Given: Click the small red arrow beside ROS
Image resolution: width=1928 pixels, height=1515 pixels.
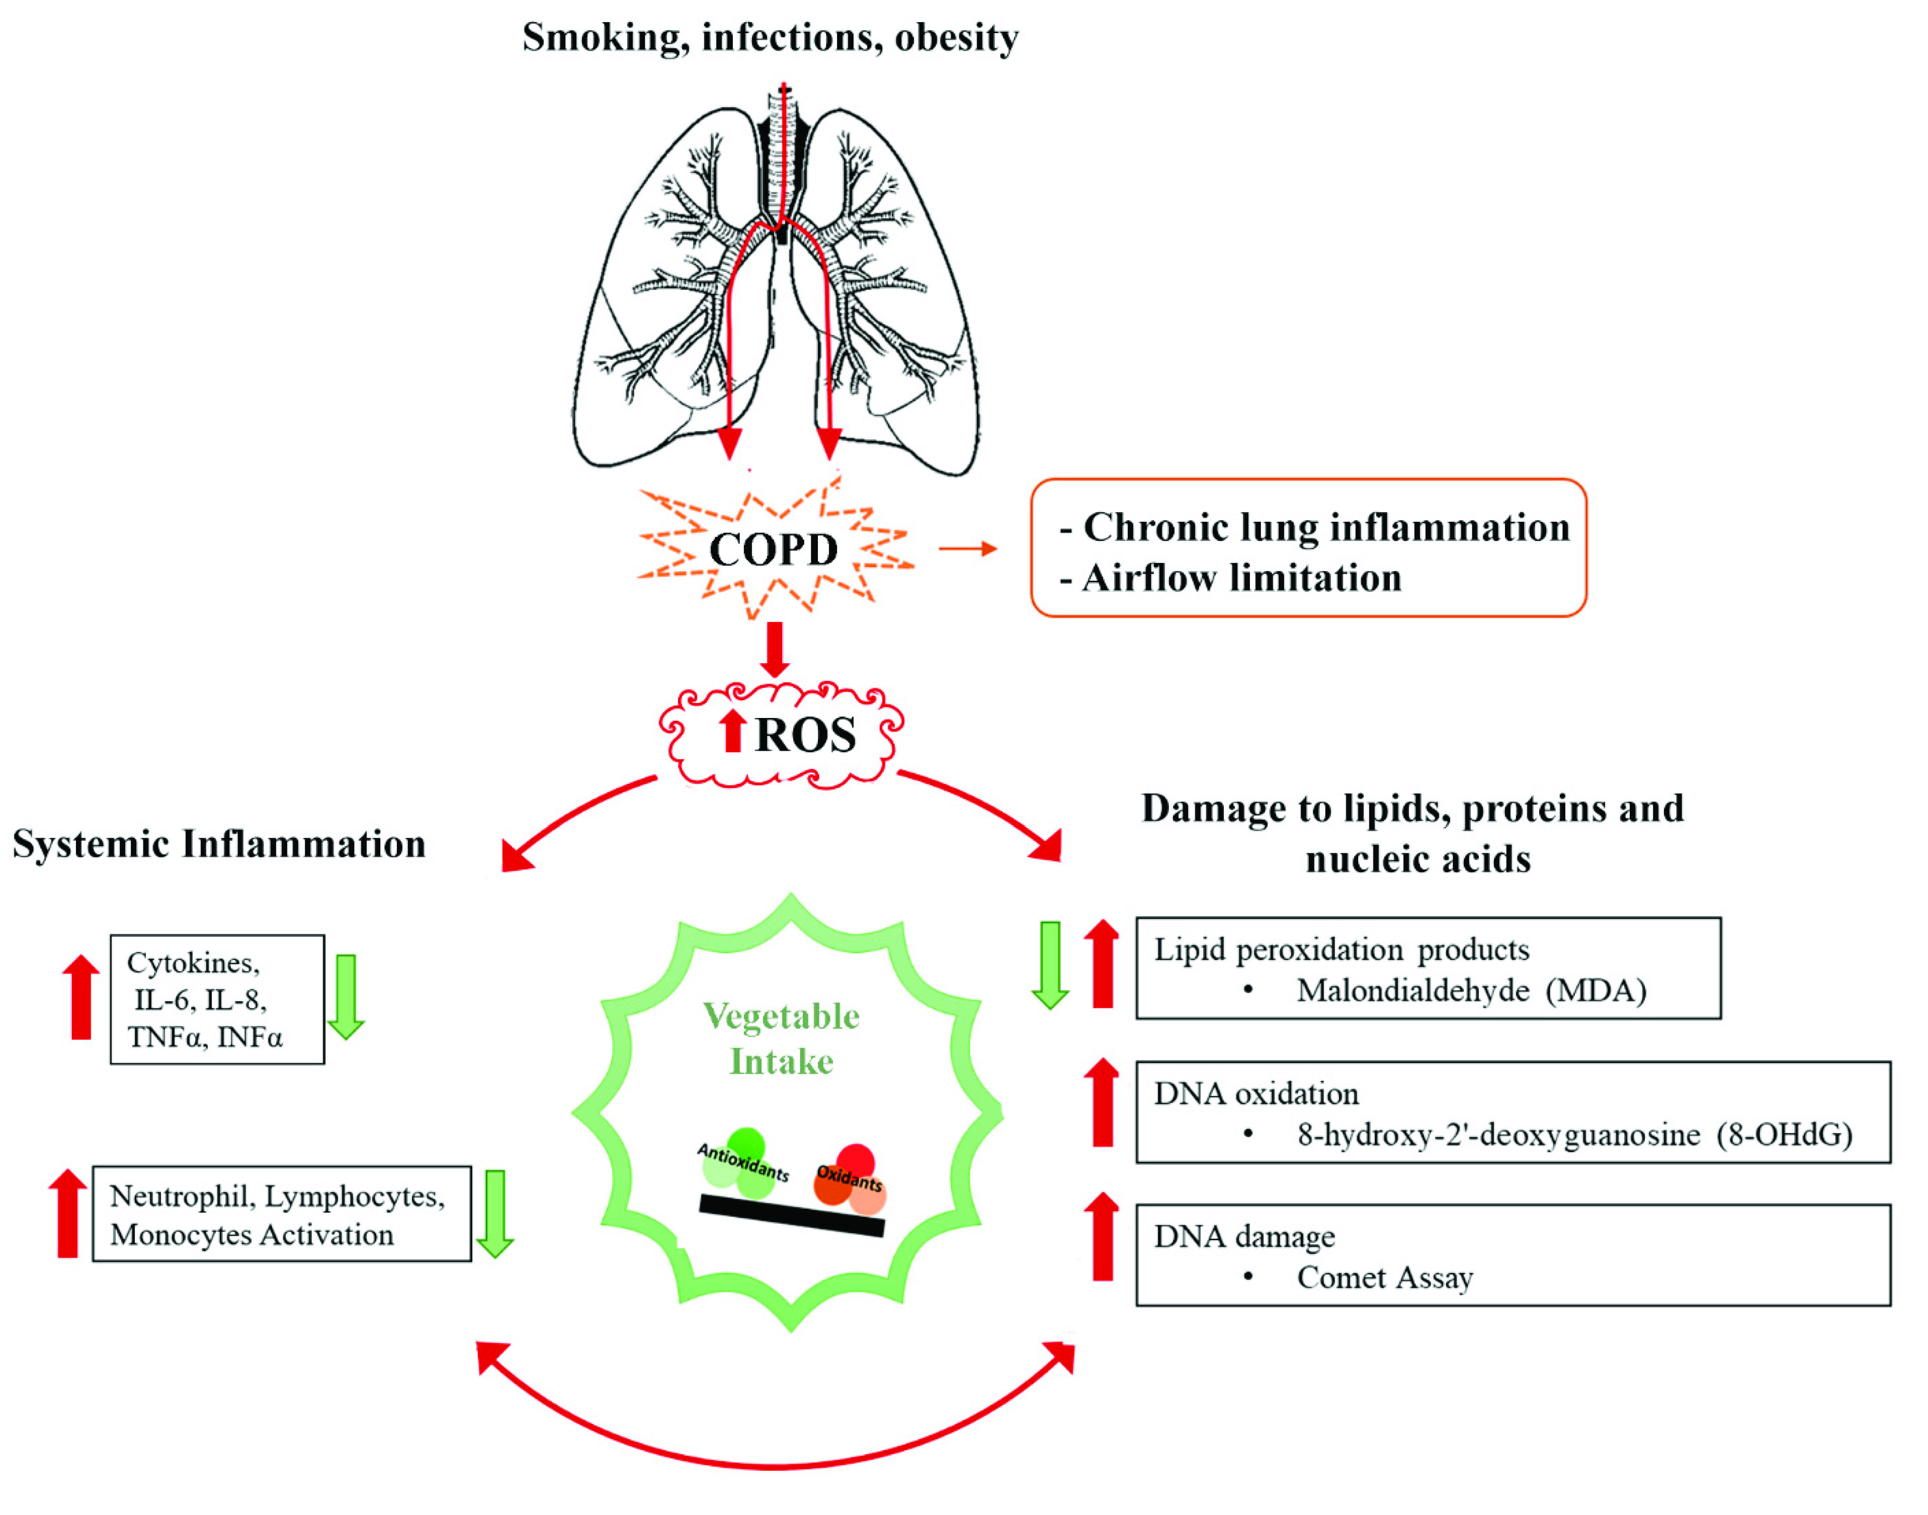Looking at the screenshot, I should pos(732,731).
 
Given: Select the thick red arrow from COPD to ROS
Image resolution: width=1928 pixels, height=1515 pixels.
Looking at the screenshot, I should pos(774,649).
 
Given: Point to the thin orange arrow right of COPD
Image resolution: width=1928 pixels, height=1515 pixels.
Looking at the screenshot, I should pos(968,549).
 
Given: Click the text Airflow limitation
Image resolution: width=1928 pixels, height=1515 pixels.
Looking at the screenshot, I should pos(1241,578).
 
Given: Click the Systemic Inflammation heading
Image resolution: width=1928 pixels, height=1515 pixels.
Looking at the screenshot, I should pos(219,843).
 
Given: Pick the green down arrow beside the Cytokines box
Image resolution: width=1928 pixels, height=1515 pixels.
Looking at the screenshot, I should pos(346,996).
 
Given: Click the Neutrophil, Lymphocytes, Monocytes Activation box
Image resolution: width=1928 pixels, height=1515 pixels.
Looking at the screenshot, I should pos(281,1214).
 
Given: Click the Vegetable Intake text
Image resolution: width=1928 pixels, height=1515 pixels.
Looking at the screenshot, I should pos(781,1039).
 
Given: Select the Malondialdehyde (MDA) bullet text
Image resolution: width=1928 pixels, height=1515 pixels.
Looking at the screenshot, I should pos(1470,991).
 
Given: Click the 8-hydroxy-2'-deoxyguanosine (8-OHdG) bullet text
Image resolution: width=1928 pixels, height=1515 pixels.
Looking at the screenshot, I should pos(1574,1135).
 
